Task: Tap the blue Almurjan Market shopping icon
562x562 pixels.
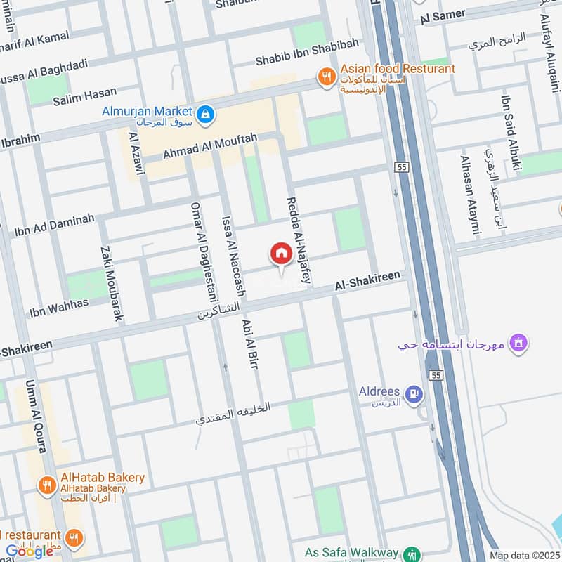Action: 205,113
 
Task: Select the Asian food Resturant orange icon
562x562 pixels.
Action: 326,75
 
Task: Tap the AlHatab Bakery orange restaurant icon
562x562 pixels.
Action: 47,485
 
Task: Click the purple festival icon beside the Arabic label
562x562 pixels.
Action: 519,344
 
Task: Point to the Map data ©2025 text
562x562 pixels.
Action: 523,555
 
